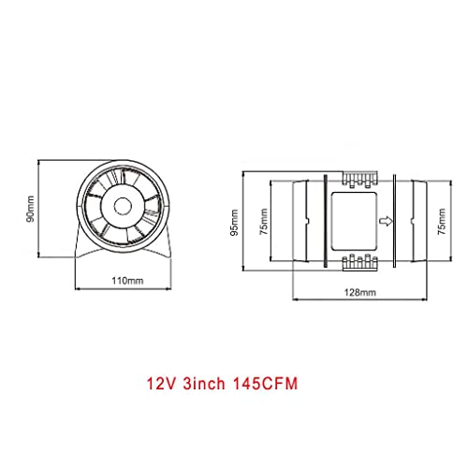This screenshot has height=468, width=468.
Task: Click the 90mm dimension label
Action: pos(30,209)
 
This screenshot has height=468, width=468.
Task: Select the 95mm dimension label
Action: pos(234,223)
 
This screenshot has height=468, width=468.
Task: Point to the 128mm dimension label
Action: pos(359,292)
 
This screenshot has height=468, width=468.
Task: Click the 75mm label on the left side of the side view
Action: pos(264,222)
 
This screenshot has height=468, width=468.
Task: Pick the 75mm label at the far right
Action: pos(442,222)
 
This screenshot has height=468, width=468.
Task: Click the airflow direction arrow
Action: pos(386,221)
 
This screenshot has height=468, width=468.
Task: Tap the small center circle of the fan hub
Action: pos(123,206)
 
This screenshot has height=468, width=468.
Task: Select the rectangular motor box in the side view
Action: pos(354,221)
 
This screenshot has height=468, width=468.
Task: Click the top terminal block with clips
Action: pos(360,180)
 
